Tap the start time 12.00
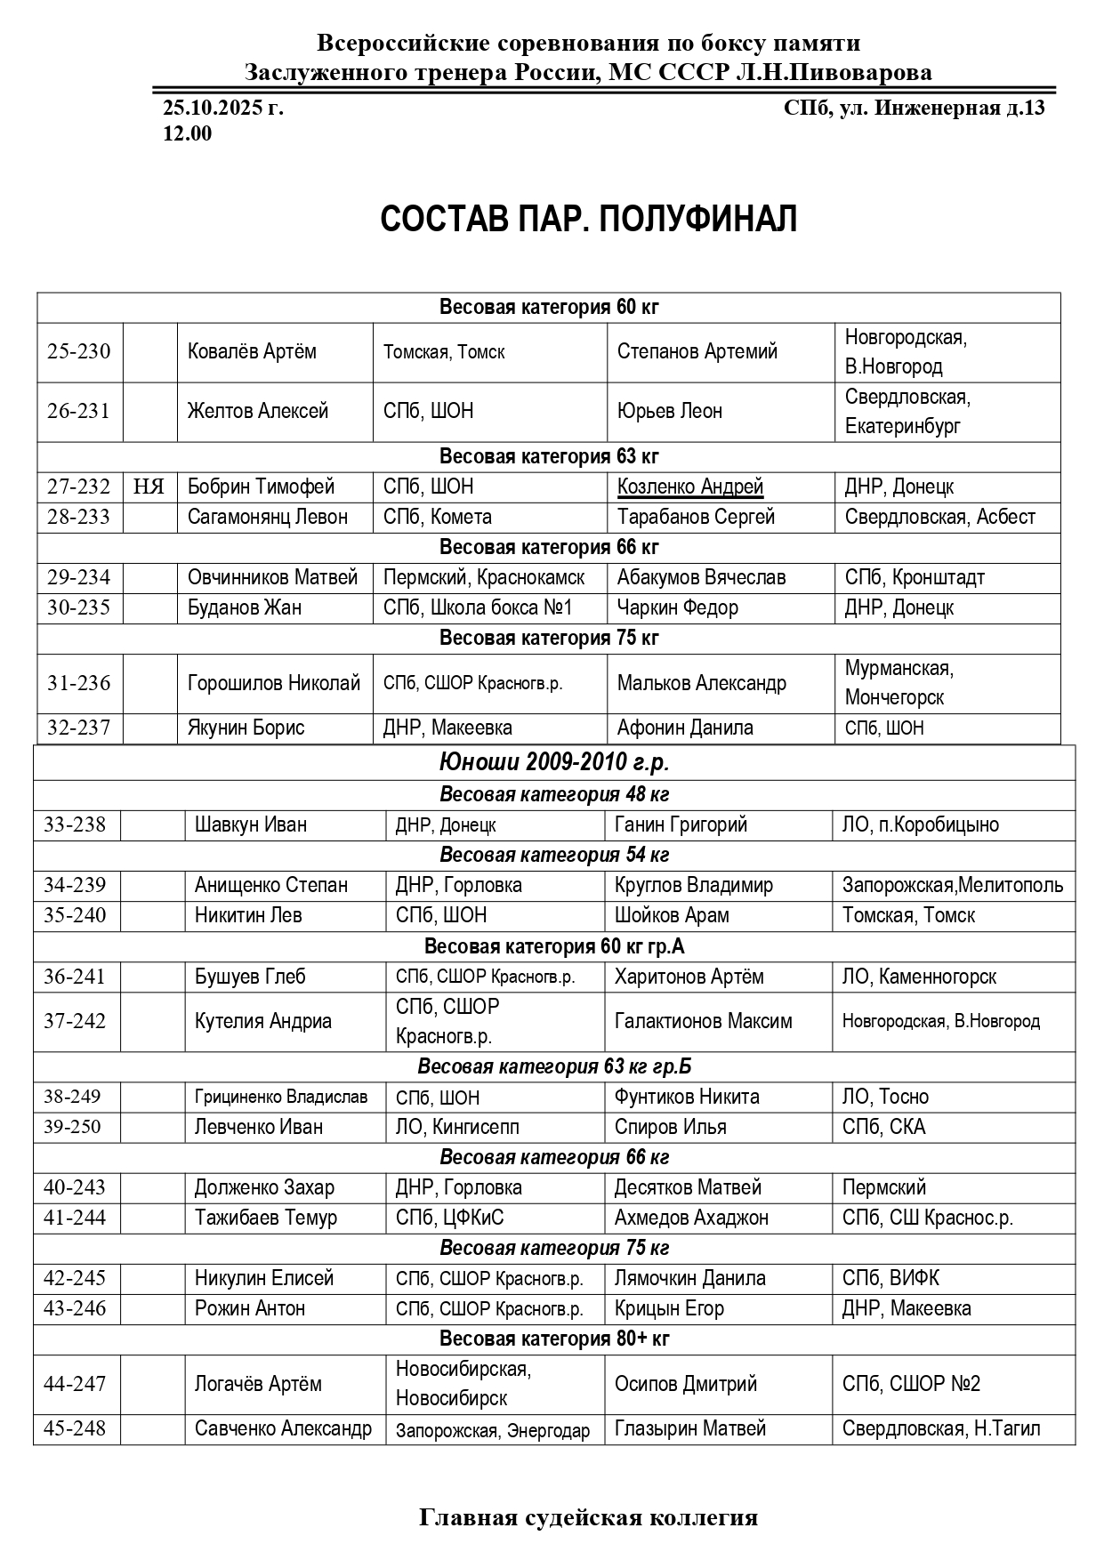click(188, 134)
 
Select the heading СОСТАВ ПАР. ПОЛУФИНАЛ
click(588, 219)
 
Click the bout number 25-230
click(79, 351)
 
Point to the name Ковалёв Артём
click(252, 351)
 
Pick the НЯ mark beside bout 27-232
click(149, 486)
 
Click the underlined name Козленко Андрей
click(690, 486)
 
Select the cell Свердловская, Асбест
click(939, 517)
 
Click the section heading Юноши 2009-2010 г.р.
click(554, 762)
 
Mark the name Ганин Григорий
click(681, 824)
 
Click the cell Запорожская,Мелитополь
click(953, 885)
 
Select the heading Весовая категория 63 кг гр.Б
click(554, 1065)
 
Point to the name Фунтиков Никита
click(687, 1097)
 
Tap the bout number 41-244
click(75, 1218)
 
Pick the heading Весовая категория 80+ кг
click(554, 1339)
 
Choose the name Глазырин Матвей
click(690, 1428)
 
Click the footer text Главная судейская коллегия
click(588, 1517)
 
